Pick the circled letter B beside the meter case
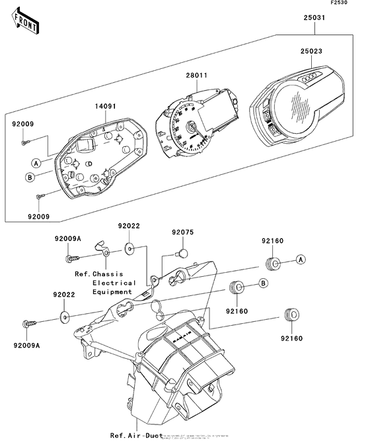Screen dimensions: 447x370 tap(31, 177)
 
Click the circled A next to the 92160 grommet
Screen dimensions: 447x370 tap(300, 260)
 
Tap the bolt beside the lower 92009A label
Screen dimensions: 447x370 tap(28, 323)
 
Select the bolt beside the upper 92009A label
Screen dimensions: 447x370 tap(69, 258)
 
